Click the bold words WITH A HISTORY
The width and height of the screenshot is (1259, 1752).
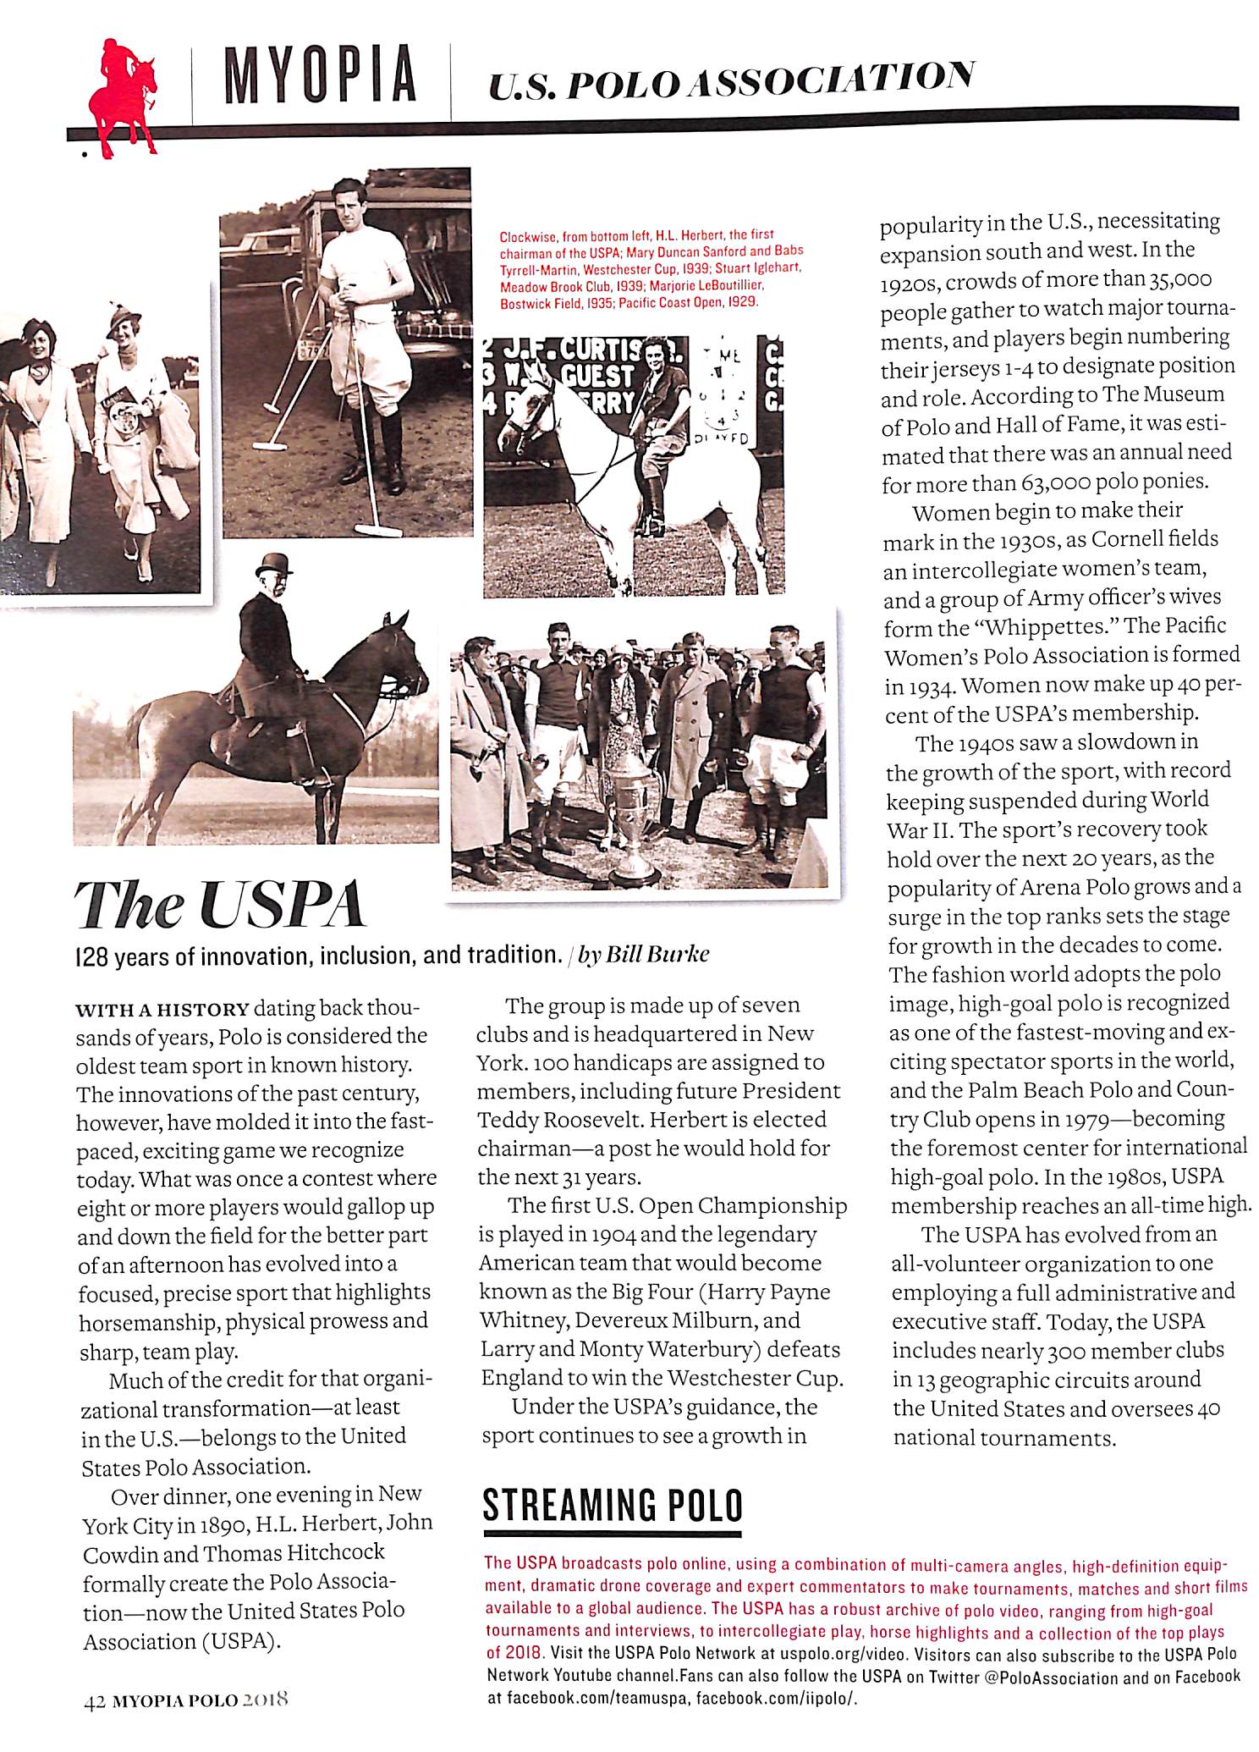click(163, 1010)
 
